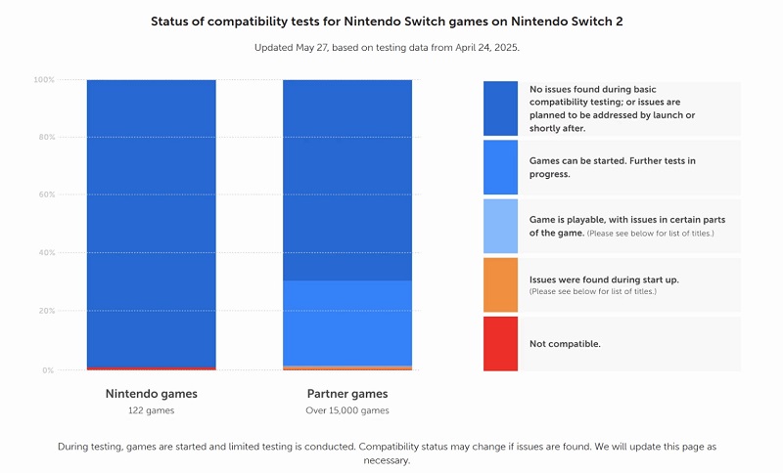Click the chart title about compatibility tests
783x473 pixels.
[391, 20]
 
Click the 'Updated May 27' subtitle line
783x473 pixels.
[391, 47]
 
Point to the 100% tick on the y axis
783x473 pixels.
[45, 79]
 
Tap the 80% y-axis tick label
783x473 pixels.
[46, 138]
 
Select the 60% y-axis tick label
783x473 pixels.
[46, 195]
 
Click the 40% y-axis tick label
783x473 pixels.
[46, 253]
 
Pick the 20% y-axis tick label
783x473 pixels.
[46, 312]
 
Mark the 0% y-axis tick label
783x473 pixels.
[48, 370]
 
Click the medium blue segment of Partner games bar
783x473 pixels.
[347, 322]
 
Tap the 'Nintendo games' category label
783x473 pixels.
[152, 394]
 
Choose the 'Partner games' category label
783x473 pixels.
[347, 394]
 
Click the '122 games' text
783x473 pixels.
[152, 410]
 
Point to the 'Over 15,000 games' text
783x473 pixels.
[347, 410]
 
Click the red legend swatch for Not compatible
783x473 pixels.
[500, 344]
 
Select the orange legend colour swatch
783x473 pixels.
[500, 284]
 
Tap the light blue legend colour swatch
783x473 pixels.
[500, 226]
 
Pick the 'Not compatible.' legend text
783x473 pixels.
[565, 344]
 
